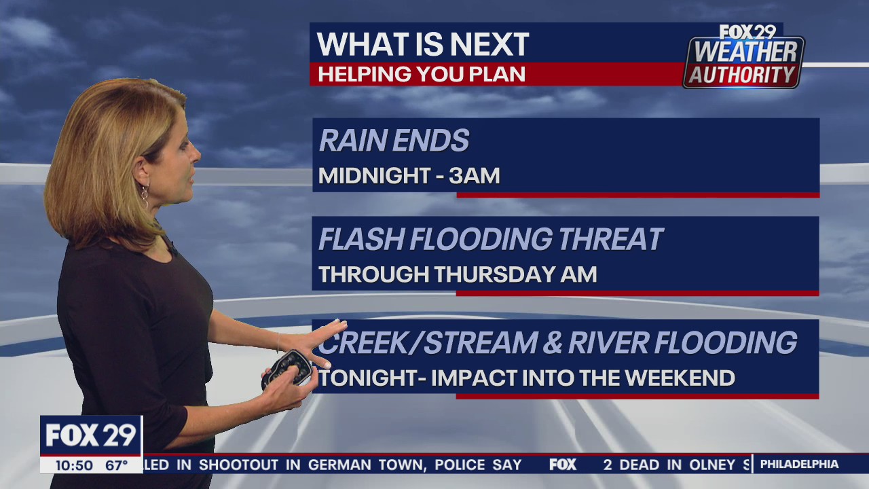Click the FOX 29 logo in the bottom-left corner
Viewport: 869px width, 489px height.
coord(91,435)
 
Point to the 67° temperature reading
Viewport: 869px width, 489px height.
coord(116,465)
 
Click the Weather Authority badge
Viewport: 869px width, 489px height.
coord(743,57)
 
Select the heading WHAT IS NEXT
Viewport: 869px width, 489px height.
coord(422,45)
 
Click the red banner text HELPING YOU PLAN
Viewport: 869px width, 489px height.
coord(421,74)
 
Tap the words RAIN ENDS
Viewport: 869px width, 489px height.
coord(394,141)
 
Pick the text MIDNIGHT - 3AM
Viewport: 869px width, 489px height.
coord(409,176)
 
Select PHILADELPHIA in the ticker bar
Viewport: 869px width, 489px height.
coord(799,465)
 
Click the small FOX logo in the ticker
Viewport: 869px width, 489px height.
coord(562,465)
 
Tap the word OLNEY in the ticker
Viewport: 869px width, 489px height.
coord(711,465)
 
